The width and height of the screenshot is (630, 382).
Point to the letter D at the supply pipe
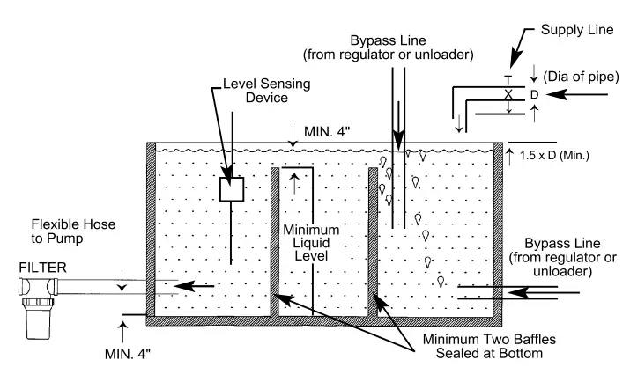[534, 93]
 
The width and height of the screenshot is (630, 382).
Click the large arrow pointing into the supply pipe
[586, 93]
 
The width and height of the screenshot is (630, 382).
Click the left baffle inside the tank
[274, 242]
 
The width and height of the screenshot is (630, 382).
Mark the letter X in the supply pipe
[508, 93]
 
